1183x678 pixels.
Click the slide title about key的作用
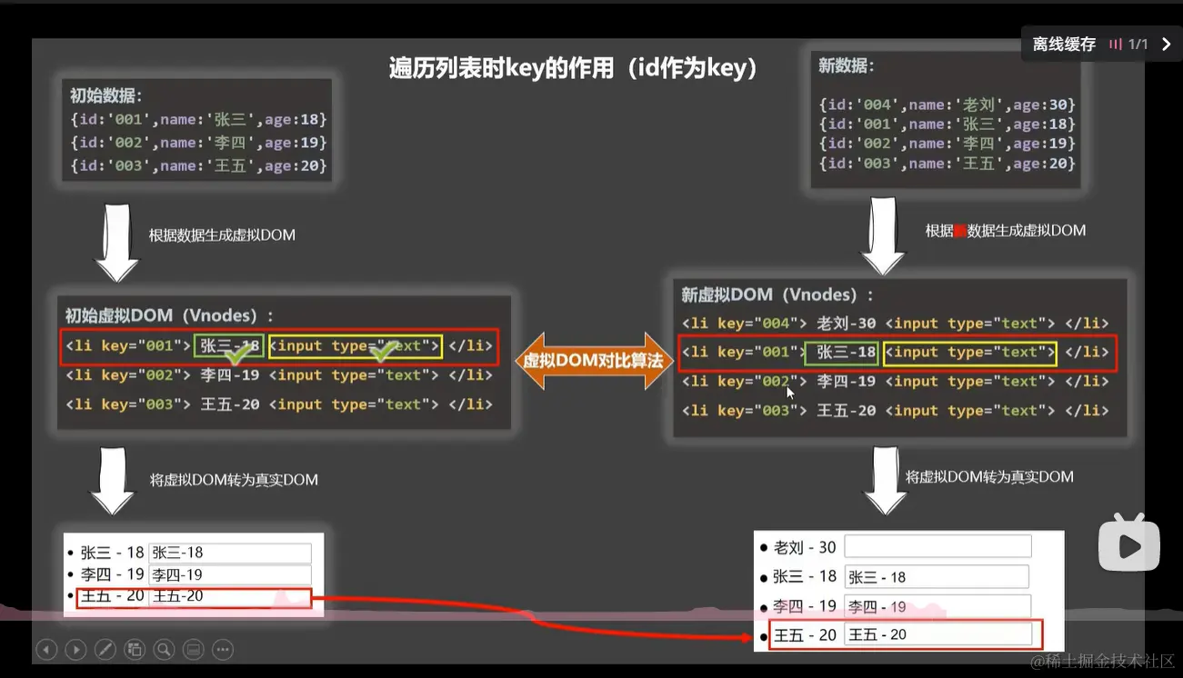point(574,69)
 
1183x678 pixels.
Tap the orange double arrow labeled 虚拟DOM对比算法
point(595,361)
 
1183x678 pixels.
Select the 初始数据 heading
point(106,95)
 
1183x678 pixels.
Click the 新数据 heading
point(847,65)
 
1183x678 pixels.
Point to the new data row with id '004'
point(947,105)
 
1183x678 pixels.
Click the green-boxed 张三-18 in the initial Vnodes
point(229,346)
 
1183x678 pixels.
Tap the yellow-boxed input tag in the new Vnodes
point(969,353)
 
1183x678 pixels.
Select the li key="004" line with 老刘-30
point(895,324)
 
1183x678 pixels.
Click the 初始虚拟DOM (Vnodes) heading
point(168,315)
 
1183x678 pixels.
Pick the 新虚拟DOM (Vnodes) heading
point(777,294)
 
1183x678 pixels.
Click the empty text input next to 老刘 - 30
point(937,546)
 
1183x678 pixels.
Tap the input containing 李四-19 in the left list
point(230,574)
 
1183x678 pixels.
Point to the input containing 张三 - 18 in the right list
point(937,577)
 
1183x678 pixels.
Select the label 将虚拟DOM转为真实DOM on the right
point(989,476)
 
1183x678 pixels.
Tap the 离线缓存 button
point(1064,44)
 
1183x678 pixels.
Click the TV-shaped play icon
point(1129,544)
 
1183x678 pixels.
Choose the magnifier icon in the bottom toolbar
point(164,649)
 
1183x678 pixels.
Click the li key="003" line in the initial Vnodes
point(278,404)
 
